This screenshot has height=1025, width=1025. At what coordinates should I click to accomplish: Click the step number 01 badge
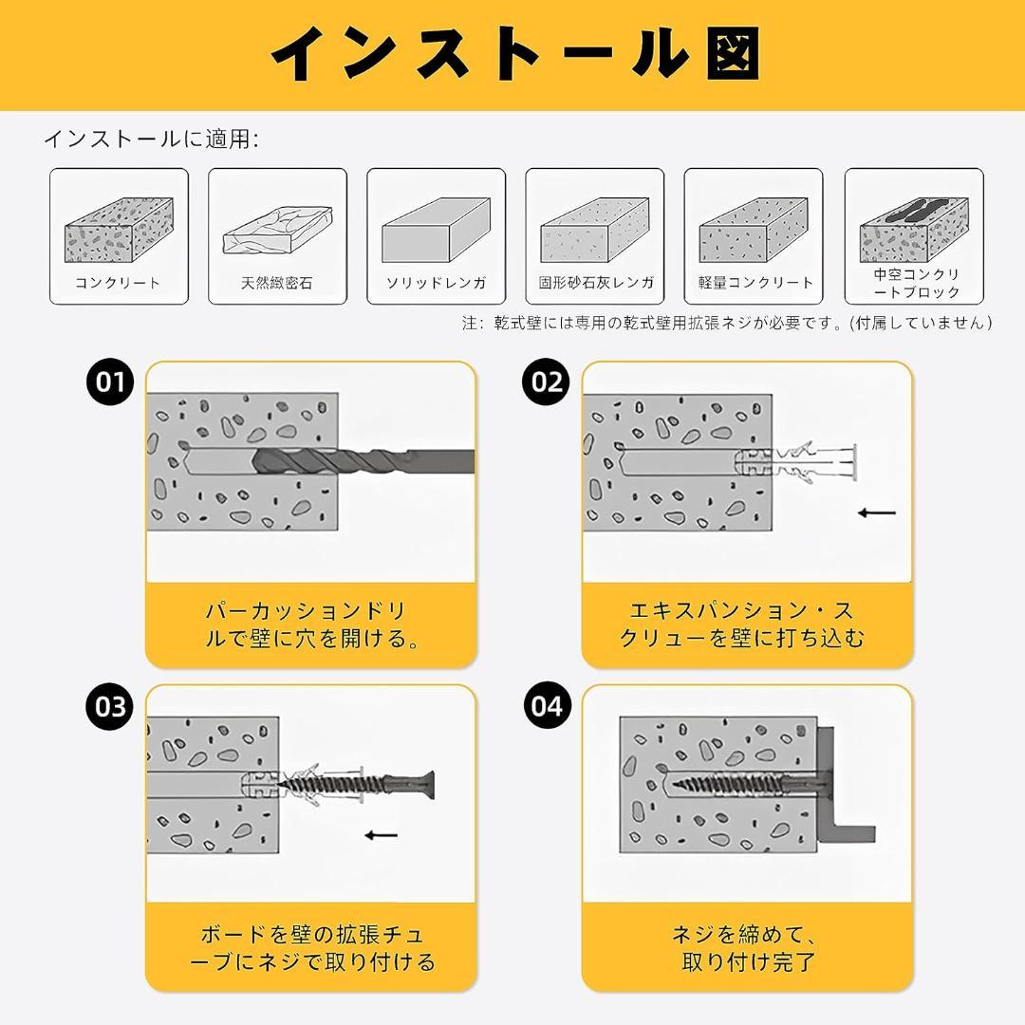pos(111,382)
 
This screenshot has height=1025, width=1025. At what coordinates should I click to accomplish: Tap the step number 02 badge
pos(548,382)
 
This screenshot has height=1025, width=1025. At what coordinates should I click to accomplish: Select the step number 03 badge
pos(111,707)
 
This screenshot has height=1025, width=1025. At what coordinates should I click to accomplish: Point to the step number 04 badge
pos(548,707)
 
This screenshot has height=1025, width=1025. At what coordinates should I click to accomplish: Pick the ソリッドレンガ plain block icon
pos(435,230)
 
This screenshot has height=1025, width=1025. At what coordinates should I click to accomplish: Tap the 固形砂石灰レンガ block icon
pos(594,230)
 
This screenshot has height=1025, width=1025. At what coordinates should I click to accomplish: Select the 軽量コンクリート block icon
pos(753,230)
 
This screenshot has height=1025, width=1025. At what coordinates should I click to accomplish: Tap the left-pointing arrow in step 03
pos(382,835)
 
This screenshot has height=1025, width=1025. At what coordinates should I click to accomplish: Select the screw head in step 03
pos(424,784)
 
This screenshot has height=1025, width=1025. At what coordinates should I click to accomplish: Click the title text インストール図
pos(513,55)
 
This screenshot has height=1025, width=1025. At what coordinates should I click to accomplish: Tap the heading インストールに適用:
pos(151,140)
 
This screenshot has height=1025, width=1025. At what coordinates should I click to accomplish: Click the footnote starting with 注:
pos(727,323)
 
